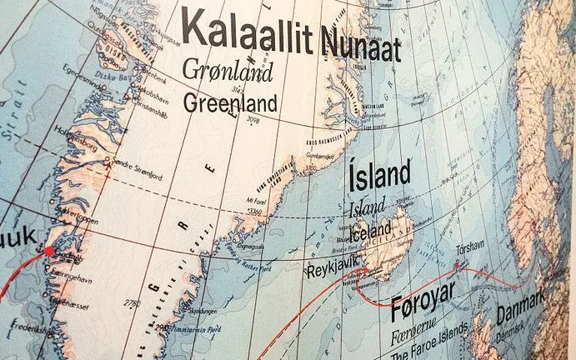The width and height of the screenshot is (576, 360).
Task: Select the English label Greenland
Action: [229, 103]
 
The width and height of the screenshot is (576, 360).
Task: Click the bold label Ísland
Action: [378, 175]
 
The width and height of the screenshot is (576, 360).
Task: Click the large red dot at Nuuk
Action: [49, 250]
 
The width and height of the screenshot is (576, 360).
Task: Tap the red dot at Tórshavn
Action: [456, 266]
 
